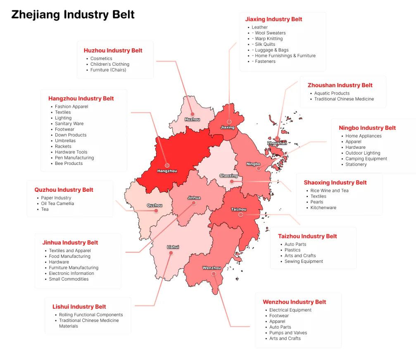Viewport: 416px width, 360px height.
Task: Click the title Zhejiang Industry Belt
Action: click(x=73, y=14)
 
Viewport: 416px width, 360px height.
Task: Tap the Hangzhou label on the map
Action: click(x=167, y=171)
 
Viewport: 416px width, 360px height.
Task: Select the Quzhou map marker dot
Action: click(x=156, y=211)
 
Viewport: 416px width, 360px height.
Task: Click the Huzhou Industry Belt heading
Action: click(x=113, y=50)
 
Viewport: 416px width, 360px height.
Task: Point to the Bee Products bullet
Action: click(x=69, y=163)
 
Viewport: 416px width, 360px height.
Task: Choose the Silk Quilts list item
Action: click(x=265, y=44)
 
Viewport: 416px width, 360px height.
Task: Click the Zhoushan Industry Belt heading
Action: click(x=340, y=85)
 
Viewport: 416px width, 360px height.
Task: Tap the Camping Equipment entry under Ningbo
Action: click(x=366, y=159)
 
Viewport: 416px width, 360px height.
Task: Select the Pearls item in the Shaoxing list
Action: click(x=317, y=202)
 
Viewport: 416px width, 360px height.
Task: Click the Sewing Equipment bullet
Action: click(x=304, y=261)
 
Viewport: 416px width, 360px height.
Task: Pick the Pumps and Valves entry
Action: click(x=288, y=333)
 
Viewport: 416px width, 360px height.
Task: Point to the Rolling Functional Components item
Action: click(x=91, y=315)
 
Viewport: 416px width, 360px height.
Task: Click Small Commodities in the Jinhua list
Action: click(x=69, y=279)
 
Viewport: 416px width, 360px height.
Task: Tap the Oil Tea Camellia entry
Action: click(x=57, y=203)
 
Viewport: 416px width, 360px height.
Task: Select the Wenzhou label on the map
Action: click(x=212, y=268)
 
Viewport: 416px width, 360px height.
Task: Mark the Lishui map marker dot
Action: click(x=171, y=253)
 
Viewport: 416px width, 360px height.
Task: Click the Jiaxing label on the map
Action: click(x=227, y=127)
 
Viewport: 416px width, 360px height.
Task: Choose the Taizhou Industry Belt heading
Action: click(x=307, y=236)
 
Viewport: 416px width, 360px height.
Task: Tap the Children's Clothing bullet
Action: click(x=109, y=64)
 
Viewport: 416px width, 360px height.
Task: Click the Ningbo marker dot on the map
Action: click(x=259, y=169)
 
